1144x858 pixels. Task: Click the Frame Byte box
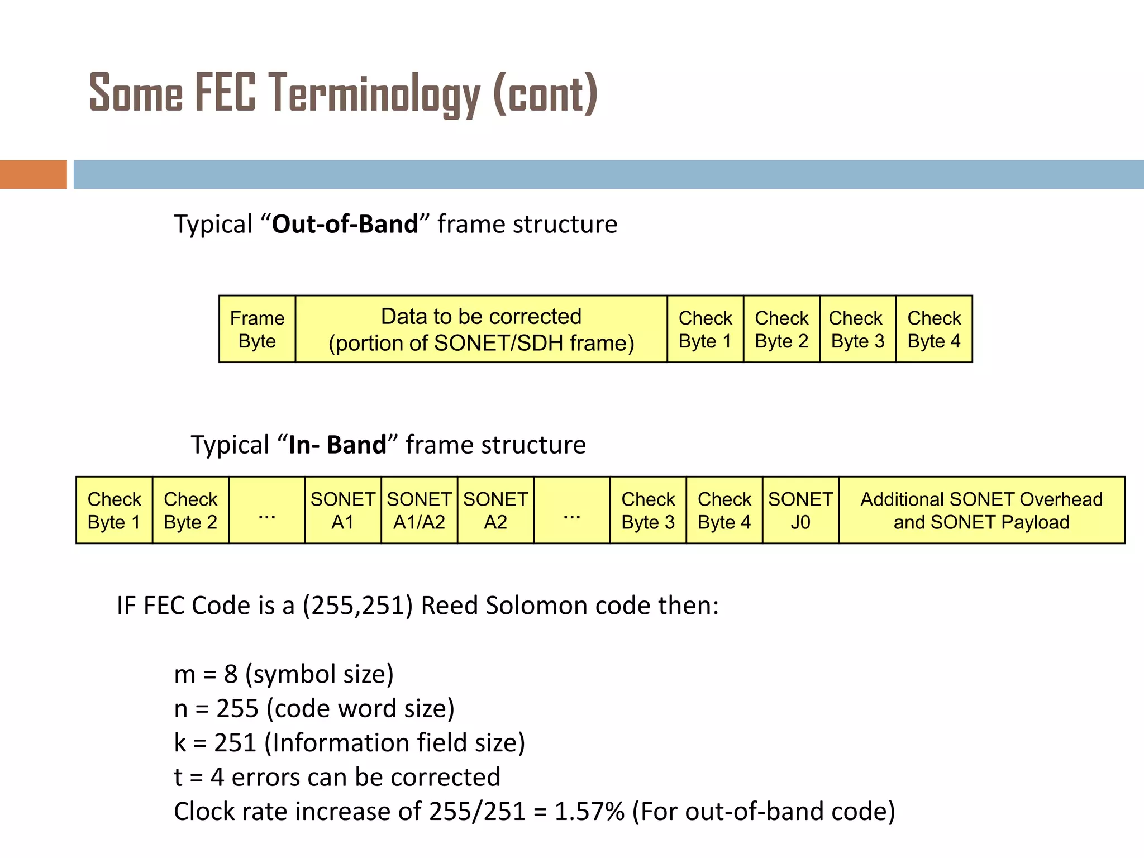point(257,329)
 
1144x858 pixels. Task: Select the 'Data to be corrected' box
point(481,329)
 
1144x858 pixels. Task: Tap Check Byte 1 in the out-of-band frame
point(705,329)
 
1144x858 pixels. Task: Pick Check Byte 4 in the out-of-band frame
point(934,329)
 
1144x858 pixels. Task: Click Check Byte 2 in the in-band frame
point(190,510)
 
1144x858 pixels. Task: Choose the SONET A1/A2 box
point(419,510)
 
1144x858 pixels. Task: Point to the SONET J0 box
point(800,510)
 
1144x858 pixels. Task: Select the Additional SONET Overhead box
point(981,510)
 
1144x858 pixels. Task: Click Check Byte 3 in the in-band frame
point(648,510)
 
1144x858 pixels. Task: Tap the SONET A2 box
point(495,510)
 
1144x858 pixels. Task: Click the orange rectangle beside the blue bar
point(33,174)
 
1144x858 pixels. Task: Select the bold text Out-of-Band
point(345,224)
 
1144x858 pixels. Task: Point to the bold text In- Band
point(337,445)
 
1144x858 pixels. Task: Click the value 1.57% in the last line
point(589,811)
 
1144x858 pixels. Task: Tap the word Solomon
point(522,606)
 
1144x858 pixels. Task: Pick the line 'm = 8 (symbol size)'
point(284,674)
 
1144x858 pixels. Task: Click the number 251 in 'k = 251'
point(235,743)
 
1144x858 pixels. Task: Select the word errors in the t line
point(265,777)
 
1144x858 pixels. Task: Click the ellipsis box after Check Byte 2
point(267,510)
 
